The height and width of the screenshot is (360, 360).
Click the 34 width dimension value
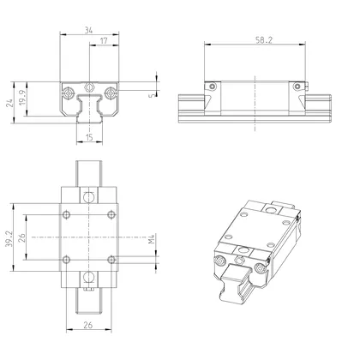click(x=90, y=31)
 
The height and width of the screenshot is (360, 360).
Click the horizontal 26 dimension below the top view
click(x=89, y=325)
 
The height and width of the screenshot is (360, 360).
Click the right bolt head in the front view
click(x=110, y=87)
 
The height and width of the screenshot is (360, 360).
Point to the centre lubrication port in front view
click(x=89, y=87)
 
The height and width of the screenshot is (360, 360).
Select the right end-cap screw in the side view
click(x=297, y=86)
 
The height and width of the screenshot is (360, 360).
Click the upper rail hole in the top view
click(x=89, y=197)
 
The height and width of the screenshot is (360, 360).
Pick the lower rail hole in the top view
click(x=89, y=276)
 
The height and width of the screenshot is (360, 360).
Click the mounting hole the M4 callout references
click(x=110, y=258)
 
